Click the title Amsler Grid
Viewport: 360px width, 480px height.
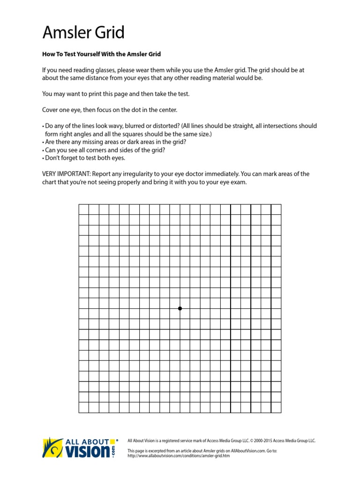point(83,33)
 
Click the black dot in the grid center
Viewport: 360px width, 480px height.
point(180,308)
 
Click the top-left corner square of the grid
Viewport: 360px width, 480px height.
point(84,210)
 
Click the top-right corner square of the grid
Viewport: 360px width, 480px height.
point(276,210)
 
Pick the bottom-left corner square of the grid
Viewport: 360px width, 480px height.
point(84,407)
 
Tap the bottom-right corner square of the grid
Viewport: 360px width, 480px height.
point(276,407)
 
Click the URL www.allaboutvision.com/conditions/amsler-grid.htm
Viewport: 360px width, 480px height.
point(179,456)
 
